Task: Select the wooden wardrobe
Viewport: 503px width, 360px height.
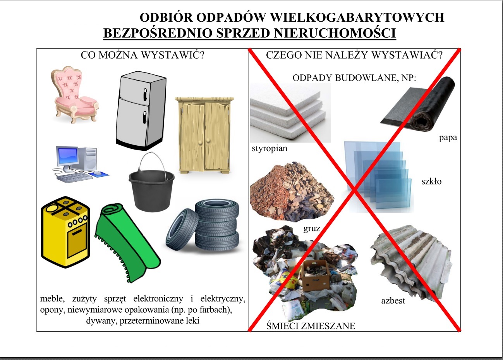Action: (204, 135)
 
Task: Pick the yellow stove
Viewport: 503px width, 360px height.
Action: (65, 232)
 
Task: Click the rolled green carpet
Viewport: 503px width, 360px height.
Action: (127, 243)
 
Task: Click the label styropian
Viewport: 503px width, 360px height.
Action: (270, 148)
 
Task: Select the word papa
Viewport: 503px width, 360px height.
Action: (448, 138)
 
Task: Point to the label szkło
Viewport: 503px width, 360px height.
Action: (431, 181)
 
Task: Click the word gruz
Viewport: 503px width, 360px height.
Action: (312, 229)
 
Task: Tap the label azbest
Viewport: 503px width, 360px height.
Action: (393, 301)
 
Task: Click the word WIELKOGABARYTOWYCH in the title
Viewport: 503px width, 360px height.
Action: (357, 17)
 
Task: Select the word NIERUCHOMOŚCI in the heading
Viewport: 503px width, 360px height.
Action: (335, 33)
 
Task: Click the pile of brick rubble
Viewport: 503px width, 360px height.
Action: (292, 192)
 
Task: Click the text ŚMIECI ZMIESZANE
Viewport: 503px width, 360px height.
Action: (311, 326)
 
